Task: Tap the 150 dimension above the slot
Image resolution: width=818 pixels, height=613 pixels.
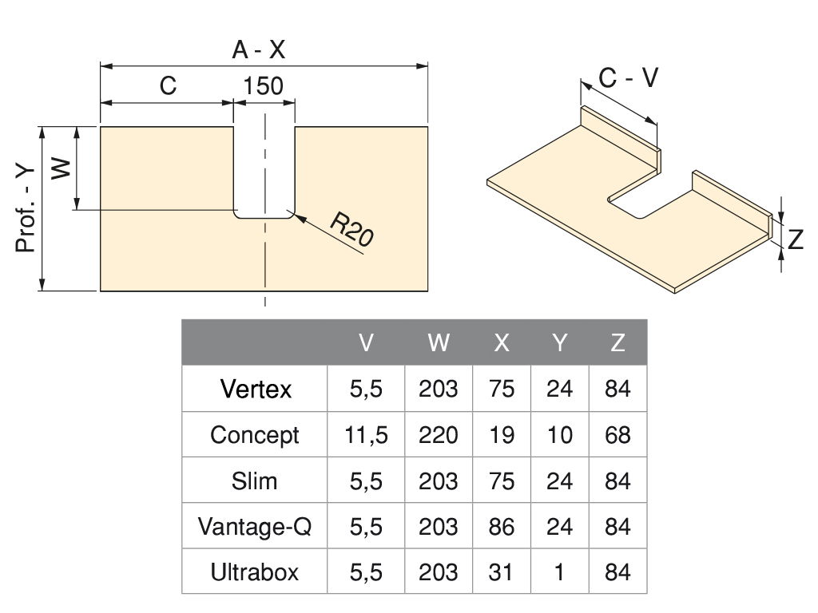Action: coord(264,85)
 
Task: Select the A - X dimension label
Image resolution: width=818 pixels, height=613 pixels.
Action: coord(258,50)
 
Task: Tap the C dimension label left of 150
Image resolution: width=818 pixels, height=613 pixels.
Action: coord(168,85)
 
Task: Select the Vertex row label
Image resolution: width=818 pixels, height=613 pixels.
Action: coord(256,390)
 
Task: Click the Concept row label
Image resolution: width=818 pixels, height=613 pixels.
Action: coord(255,435)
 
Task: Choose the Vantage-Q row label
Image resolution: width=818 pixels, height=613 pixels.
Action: coord(255,527)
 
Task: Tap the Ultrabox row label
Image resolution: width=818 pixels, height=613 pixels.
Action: coord(255,572)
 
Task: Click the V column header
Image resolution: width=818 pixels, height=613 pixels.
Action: coord(366,343)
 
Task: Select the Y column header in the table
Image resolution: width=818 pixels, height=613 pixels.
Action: coord(560,343)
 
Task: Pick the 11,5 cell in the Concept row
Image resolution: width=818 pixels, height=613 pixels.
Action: coord(367,435)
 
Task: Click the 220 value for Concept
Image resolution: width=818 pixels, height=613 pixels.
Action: coord(439,435)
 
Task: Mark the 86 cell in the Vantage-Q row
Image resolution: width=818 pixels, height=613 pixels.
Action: coord(502,527)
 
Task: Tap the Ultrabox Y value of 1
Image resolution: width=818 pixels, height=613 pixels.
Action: coord(560,572)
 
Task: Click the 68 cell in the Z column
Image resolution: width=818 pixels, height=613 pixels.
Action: coord(617,435)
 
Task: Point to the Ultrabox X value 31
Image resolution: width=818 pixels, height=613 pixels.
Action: coord(502,572)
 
